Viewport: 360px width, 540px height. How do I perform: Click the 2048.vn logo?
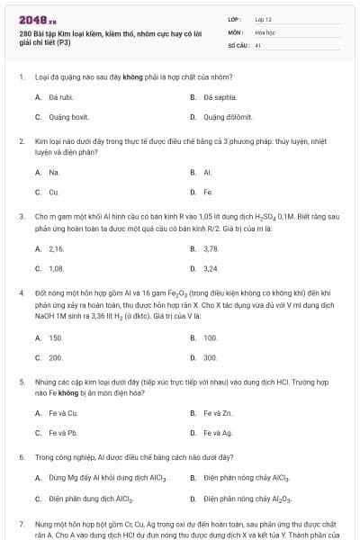[37, 18]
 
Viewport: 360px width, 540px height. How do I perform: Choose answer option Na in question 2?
[54, 172]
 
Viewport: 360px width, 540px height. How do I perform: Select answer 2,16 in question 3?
[56, 247]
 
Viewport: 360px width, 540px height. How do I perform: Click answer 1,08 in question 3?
[56, 268]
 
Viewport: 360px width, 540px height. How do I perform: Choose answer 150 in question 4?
[56, 337]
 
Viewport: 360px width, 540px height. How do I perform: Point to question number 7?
[21, 523]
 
